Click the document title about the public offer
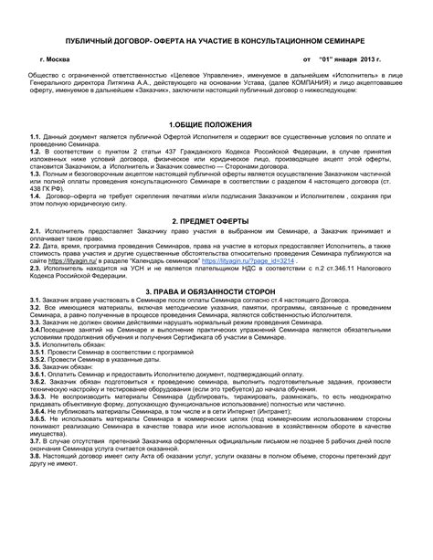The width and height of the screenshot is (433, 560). pyautogui.click(x=216, y=42)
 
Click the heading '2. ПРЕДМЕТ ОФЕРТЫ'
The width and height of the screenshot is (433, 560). pyautogui.click(x=216, y=221)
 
